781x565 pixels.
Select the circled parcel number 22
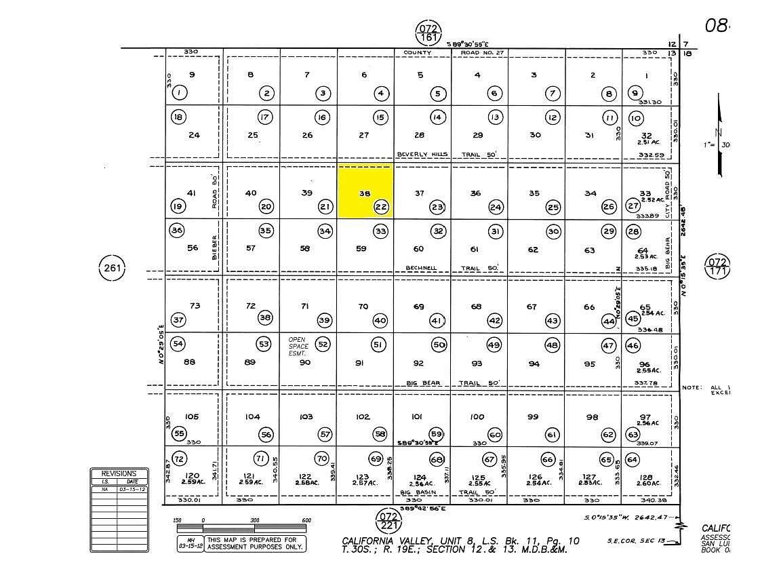pyautogui.click(x=382, y=207)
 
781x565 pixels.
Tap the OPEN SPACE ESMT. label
pyautogui.click(x=298, y=346)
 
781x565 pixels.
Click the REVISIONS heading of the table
pyautogui.click(x=119, y=473)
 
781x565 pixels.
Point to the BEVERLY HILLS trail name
pyautogui.click(x=422, y=155)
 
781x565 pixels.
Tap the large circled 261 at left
pyautogui.click(x=113, y=268)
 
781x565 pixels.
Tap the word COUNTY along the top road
pyautogui.click(x=417, y=52)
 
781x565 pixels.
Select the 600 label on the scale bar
pyautogui.click(x=306, y=521)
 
